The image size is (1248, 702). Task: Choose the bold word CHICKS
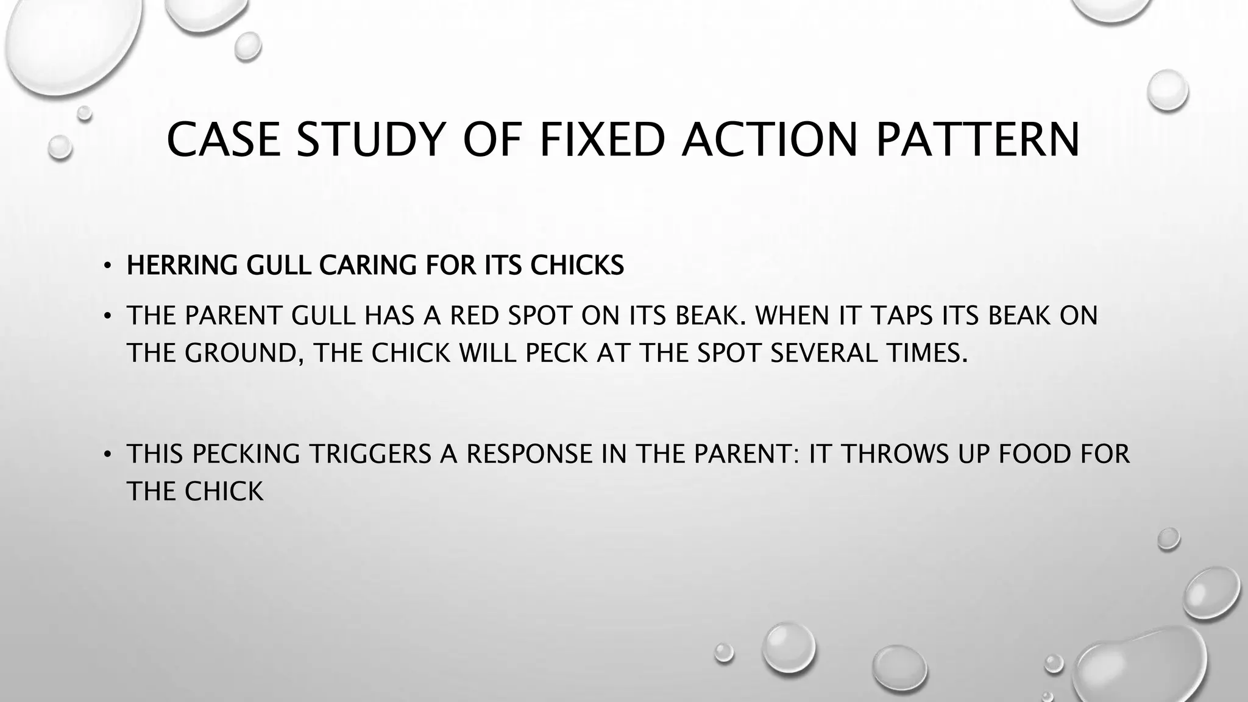[577, 265]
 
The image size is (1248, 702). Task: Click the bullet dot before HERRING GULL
[107, 266]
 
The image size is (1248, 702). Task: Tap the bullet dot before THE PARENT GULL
[107, 316]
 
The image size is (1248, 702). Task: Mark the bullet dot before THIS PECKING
[107, 455]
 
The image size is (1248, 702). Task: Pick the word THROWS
[901, 454]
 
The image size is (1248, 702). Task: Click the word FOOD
[1037, 454]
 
